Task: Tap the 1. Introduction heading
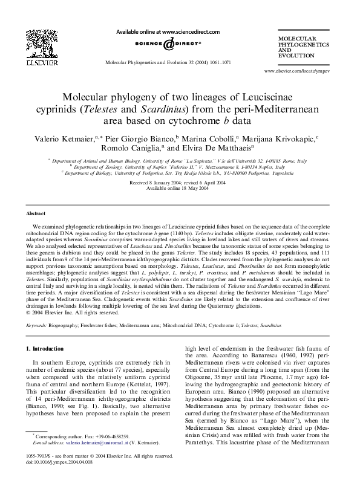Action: [47, 349]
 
